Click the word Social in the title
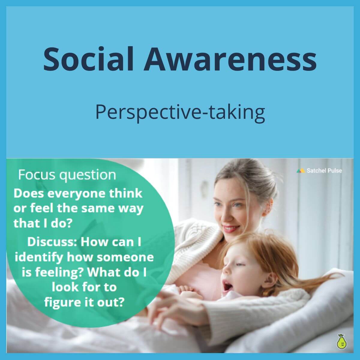pyautogui.click(x=88, y=58)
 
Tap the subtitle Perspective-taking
pyautogui.click(x=180, y=112)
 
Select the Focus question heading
pyautogui.click(x=67, y=175)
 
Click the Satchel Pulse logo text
pyautogui.click(x=324, y=171)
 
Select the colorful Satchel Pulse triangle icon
pyautogui.click(x=301, y=171)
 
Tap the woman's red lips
pyautogui.click(x=230, y=229)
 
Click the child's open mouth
pyautogui.click(x=227, y=287)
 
